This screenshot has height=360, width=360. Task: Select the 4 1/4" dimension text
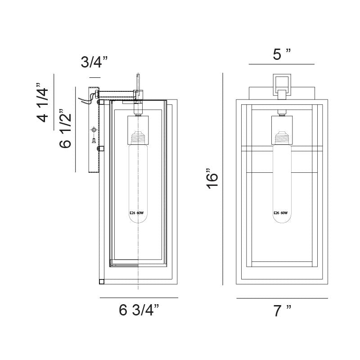tap(42, 103)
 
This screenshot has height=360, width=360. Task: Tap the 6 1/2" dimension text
tap(65, 129)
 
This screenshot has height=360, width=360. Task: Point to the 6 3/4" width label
tap(139, 310)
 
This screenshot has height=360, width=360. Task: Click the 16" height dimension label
tap(212, 179)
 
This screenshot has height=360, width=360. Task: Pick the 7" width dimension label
tap(282, 310)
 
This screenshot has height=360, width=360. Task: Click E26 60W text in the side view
tap(137, 213)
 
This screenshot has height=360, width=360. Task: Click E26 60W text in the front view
tap(280, 213)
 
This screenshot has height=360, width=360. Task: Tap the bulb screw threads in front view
tap(282, 138)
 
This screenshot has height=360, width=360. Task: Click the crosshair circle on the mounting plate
tap(94, 130)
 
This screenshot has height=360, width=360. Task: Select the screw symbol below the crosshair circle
tap(94, 140)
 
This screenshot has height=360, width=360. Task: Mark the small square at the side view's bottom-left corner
tap(102, 282)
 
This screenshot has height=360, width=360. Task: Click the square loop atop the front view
tap(282, 85)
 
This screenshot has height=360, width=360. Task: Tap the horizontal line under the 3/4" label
tap(95, 77)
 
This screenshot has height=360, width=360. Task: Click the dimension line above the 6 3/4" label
tap(139, 298)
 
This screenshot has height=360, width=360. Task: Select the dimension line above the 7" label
tap(282, 298)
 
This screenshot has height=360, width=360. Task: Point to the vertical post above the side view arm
tap(138, 82)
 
